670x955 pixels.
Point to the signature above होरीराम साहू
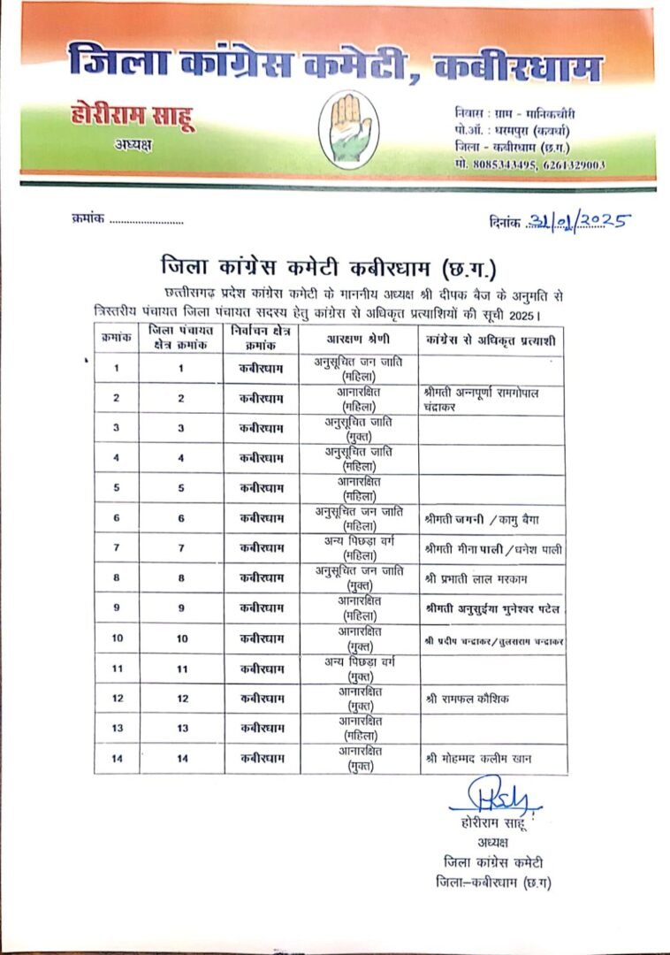[x=493, y=796]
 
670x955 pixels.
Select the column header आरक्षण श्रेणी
[x=358, y=339]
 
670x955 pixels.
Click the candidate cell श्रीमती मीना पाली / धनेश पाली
[x=492, y=549]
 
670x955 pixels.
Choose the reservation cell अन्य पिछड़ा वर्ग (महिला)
[x=359, y=548]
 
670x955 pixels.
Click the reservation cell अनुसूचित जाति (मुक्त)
[x=359, y=428]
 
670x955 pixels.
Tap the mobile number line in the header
[x=529, y=164]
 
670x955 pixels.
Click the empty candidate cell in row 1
[x=491, y=368]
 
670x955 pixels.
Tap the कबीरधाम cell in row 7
[x=262, y=548]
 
